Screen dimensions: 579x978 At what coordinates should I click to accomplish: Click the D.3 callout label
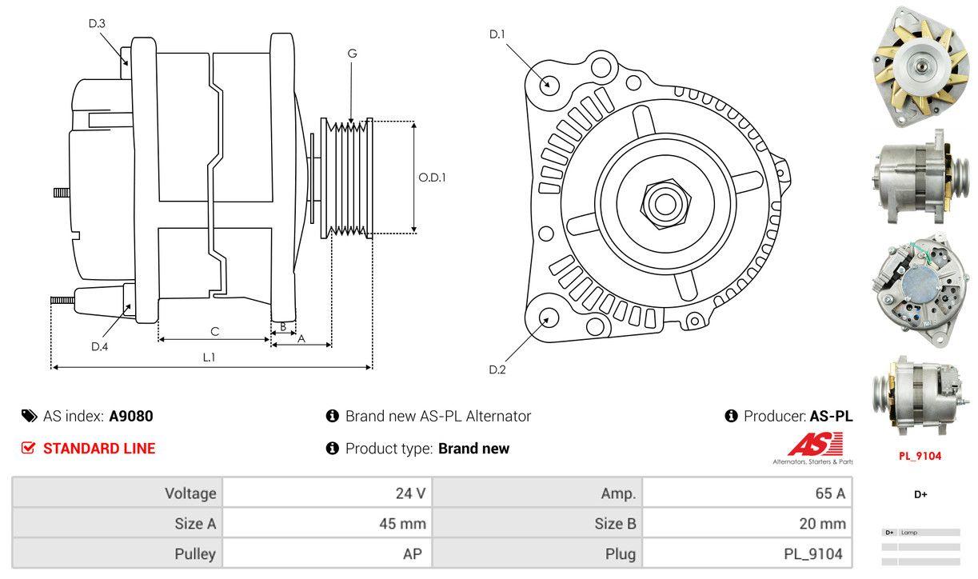[97, 23]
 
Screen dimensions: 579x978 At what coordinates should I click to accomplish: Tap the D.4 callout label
[99, 346]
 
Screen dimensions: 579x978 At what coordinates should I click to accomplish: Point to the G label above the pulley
[352, 54]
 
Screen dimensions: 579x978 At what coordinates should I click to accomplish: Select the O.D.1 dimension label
[432, 178]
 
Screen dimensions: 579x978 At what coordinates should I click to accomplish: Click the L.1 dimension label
[208, 357]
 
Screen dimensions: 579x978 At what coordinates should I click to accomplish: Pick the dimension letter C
[214, 331]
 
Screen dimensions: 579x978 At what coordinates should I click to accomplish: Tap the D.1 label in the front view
[497, 34]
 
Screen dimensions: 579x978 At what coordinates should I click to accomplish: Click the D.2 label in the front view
[497, 369]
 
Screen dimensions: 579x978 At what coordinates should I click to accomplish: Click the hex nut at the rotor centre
[662, 202]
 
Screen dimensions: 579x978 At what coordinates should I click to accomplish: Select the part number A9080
[130, 416]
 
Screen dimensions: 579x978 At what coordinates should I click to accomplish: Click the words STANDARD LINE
[99, 449]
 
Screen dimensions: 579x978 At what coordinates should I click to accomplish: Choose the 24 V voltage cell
[410, 493]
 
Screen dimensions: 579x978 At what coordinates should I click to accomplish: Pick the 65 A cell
[829, 493]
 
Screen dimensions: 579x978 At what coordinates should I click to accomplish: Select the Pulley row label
[195, 553]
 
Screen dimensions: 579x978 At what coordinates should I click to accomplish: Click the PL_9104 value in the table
[813, 553]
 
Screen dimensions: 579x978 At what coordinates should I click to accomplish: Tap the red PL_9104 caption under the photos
[920, 457]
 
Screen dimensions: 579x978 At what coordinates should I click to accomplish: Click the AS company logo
[815, 446]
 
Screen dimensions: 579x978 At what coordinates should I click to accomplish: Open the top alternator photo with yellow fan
[920, 65]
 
